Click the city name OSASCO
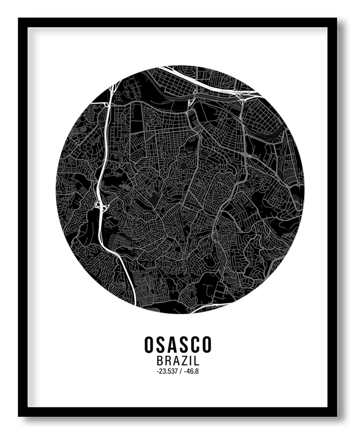pyautogui.click(x=178, y=345)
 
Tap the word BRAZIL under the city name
pyautogui.click(x=178, y=361)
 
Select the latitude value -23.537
pyautogui.click(x=166, y=372)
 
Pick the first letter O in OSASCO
pyautogui.click(x=150, y=345)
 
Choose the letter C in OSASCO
pyautogui.click(x=195, y=345)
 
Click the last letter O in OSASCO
pyautogui.click(x=206, y=345)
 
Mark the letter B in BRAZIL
pyautogui.click(x=160, y=361)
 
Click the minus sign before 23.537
pyautogui.click(x=156, y=372)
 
